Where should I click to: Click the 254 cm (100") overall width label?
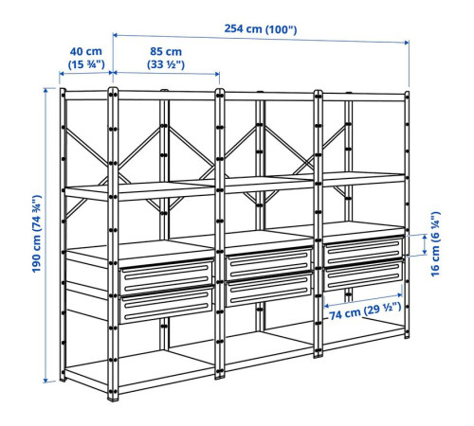click(261, 29)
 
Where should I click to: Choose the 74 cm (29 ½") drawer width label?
click(365, 311)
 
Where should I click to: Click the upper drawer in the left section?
click(166, 275)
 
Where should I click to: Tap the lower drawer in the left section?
click(166, 304)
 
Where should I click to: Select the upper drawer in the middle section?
click(269, 262)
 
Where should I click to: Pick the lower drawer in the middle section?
click(269, 288)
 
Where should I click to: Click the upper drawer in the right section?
click(363, 251)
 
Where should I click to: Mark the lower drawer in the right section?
click(363, 275)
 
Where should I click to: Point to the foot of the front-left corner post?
click(113, 398)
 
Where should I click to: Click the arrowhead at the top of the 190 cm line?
click(46, 90)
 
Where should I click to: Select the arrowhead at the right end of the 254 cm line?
click(407, 43)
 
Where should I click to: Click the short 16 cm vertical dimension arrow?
click(425, 244)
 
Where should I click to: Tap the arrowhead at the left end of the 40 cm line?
click(62, 74)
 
